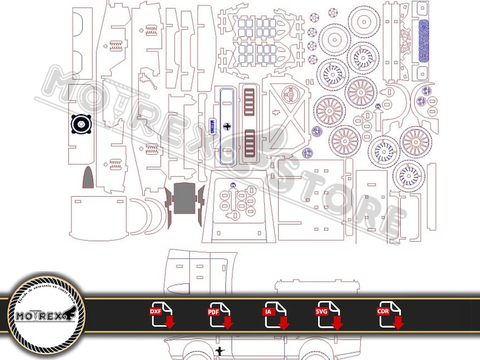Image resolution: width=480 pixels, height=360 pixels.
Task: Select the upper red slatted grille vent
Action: (248, 100)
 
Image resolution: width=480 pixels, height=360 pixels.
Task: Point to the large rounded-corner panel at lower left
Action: (98, 218)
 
